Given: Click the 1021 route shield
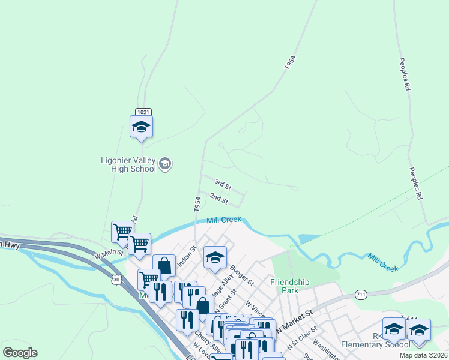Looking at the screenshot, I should click(143, 112).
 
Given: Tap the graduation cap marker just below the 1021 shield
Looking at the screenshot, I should click(142, 127).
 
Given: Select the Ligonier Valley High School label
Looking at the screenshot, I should click(128, 164).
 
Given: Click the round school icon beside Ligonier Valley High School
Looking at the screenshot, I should click(166, 164).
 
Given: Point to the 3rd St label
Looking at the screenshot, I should click(223, 185).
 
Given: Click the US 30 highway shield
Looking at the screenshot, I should click(116, 279).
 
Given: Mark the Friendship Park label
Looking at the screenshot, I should click(289, 286).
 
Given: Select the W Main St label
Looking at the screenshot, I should click(109, 254).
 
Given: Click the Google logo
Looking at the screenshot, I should click(20, 352).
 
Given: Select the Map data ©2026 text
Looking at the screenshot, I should click(424, 355).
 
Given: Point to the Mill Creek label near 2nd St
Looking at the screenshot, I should click(224, 220).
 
